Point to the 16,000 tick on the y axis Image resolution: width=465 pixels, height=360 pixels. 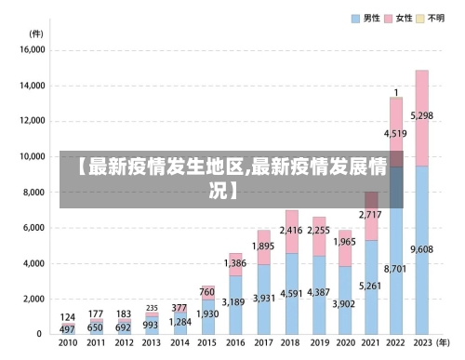coord(32,50)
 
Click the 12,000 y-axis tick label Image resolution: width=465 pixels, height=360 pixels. coord(32,121)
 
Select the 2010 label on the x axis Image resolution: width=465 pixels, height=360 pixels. coord(68,342)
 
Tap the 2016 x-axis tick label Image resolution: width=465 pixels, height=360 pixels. coord(235,342)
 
